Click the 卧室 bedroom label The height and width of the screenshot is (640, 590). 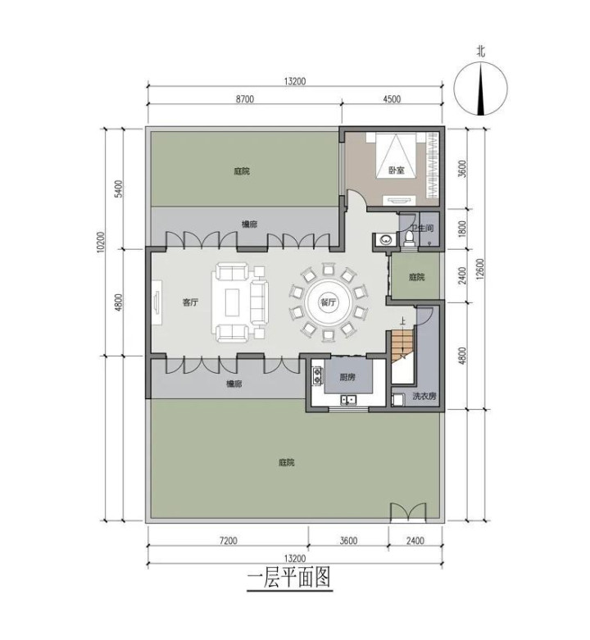[396, 170]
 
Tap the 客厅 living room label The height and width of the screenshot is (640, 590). [190, 302]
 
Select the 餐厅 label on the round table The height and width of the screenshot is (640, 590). [328, 302]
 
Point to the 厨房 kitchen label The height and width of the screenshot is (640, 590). [347, 377]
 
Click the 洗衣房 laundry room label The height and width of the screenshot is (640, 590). [424, 396]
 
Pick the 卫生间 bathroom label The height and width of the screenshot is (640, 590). [422, 228]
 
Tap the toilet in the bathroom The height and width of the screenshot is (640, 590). [409, 238]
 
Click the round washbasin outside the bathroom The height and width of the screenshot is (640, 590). [385, 240]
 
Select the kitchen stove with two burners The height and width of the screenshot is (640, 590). [317, 375]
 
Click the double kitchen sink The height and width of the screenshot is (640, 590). [348, 400]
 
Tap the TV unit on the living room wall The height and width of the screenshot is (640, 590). [157, 302]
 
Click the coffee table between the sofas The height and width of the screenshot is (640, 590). [234, 302]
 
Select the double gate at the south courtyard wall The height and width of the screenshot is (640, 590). [408, 512]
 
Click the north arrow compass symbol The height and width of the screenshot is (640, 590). [481, 89]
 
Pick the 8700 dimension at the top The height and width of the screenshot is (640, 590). [244, 99]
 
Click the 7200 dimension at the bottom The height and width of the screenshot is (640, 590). [228, 541]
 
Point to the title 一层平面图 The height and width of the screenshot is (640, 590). [289, 578]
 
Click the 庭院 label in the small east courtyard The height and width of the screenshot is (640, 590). [416, 277]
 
